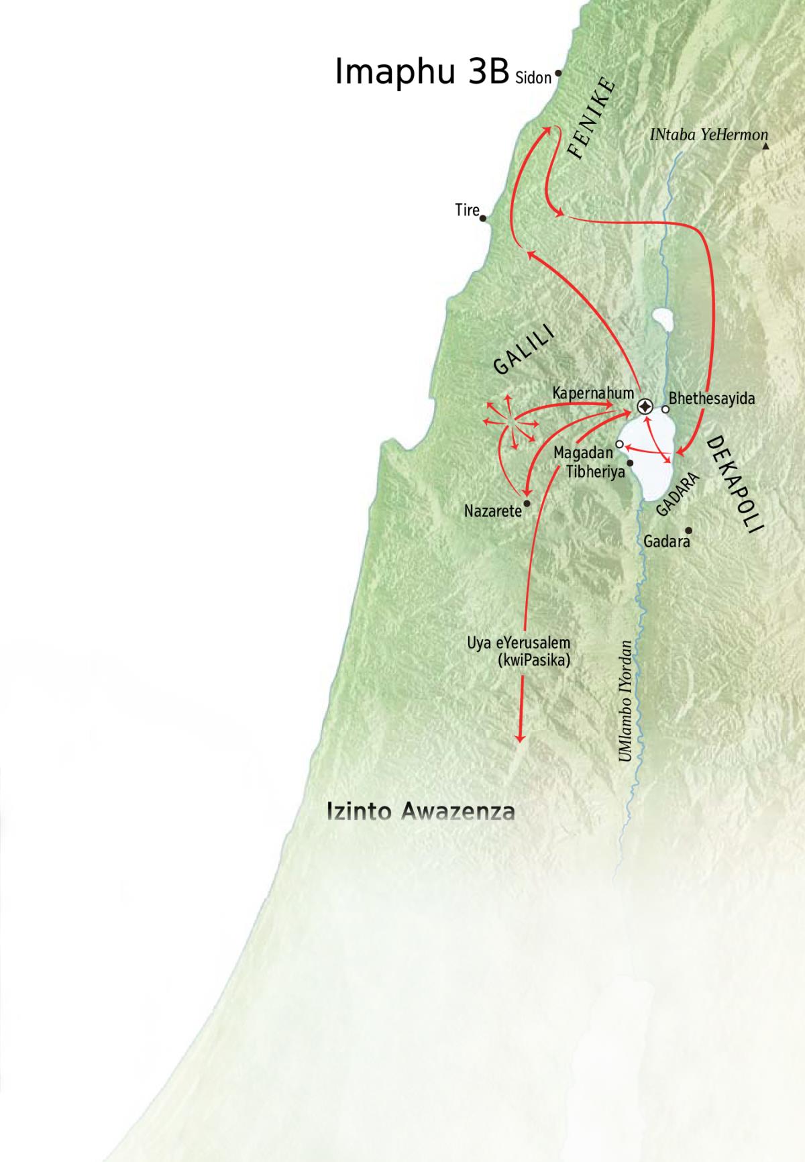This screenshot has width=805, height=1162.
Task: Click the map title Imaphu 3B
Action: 421,71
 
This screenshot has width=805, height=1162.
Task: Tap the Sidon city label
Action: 533,78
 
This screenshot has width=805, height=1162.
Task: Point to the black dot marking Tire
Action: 483,218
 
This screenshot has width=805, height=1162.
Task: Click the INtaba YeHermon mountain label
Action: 708,135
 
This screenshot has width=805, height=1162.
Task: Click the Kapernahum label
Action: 593,393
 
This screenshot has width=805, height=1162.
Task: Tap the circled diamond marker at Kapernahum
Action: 645,407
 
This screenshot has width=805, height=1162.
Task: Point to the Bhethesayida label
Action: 712,399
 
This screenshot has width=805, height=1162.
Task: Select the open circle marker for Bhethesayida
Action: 665,409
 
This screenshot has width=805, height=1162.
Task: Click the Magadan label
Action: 583,454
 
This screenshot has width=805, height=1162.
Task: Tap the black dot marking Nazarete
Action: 527,503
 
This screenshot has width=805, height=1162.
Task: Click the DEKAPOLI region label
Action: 736,484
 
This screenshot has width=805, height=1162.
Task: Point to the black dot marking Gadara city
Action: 688,530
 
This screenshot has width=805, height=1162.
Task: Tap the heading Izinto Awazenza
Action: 421,811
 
